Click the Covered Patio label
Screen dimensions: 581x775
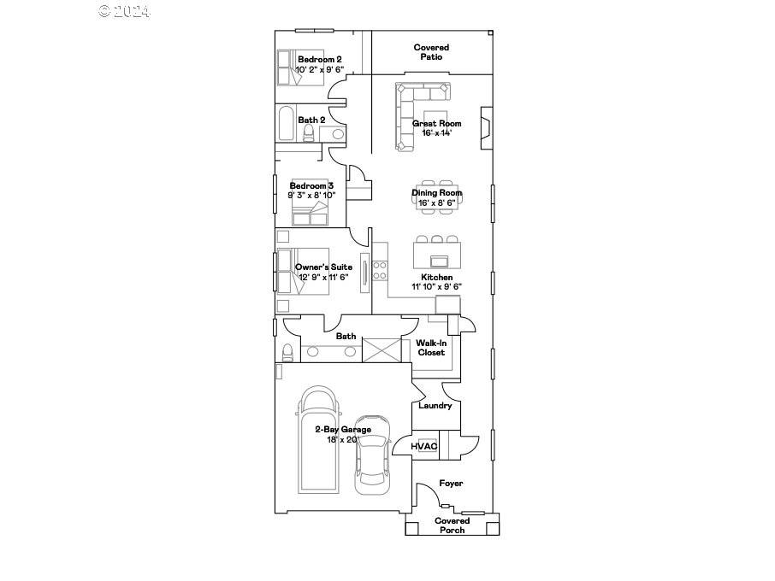[431, 52]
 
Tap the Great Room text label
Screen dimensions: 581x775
[436, 124]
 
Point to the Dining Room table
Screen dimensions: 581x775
[436, 195]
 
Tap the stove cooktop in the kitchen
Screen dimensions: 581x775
[379, 270]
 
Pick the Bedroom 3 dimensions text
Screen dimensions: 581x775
[311, 196]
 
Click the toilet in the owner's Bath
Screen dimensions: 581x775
[288, 352]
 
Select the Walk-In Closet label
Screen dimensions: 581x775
[431, 348]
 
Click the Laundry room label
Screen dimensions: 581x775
[435, 406]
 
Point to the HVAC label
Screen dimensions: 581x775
[423, 447]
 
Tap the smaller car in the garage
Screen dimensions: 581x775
[373, 453]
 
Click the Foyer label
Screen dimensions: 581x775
[451, 484]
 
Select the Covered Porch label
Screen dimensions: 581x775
[452, 525]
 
